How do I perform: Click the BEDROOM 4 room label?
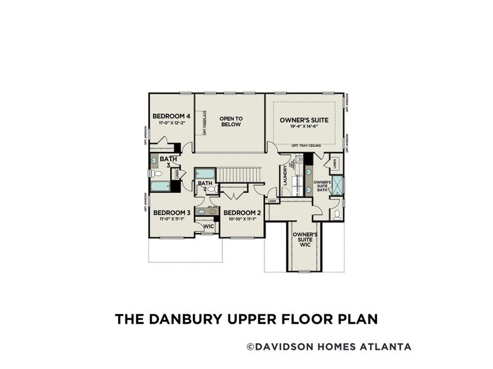(x=171, y=116)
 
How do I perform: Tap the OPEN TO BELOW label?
(x=230, y=121)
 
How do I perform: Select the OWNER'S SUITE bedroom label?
(x=304, y=120)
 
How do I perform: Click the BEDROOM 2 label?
(x=242, y=213)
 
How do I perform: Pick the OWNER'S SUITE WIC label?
(x=304, y=240)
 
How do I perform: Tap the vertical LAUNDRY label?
(x=286, y=175)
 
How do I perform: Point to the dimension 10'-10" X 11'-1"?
(x=242, y=220)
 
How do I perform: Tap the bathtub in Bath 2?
(x=205, y=173)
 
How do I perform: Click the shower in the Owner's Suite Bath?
(x=337, y=185)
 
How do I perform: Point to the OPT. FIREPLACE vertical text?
(x=205, y=123)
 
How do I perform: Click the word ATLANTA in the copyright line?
(x=386, y=347)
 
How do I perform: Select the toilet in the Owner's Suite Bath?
(x=336, y=215)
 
